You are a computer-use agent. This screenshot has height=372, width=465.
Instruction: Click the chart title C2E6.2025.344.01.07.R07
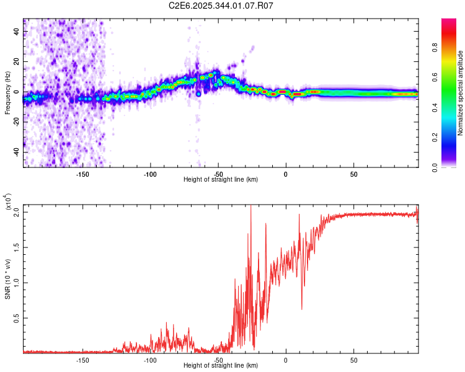click(x=221, y=6)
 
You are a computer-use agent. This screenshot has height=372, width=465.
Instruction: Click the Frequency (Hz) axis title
click(x=7, y=93)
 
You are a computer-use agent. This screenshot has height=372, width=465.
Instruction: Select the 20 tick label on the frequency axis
click(x=17, y=61)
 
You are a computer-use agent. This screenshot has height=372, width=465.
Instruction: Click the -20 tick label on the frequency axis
click(x=15, y=122)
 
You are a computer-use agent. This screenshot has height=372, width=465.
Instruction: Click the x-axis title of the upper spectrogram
click(x=221, y=179)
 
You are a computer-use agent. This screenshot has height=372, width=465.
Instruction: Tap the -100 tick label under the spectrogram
click(x=149, y=174)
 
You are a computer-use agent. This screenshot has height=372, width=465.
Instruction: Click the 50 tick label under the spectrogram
click(x=353, y=174)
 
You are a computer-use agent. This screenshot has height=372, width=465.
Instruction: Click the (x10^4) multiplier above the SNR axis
click(x=8, y=203)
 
